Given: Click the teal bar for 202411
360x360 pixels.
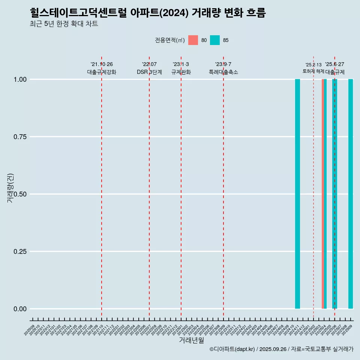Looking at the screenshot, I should tap(297, 194).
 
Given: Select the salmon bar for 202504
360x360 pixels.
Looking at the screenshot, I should tap(323, 194).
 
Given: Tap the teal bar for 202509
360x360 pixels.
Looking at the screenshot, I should tap(351, 194).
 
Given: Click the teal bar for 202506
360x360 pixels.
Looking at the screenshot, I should tap(335, 194).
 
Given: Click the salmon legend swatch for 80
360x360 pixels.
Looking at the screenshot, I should tap(193, 40).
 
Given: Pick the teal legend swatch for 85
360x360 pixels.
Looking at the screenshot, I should tap(215, 40).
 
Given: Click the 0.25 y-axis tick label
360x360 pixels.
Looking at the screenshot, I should tap(19, 252).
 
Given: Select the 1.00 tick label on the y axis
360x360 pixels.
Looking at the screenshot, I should tap(19, 79).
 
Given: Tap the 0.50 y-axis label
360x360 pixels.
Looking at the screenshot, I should tap(19, 194).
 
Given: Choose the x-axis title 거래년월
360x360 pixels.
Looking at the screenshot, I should tap(192, 340).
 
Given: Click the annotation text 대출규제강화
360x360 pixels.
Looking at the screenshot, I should tap(102, 72).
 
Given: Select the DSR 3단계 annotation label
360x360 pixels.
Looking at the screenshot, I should tap(149, 72).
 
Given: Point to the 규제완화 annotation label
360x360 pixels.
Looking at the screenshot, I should tap(181, 72).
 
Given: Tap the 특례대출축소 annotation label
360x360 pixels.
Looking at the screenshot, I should tap(223, 72).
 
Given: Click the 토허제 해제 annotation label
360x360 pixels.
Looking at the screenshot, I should tap(313, 71).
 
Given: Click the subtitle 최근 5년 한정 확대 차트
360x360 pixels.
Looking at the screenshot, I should tap(64, 24).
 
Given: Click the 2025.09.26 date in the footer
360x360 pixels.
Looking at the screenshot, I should tap(273, 349).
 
